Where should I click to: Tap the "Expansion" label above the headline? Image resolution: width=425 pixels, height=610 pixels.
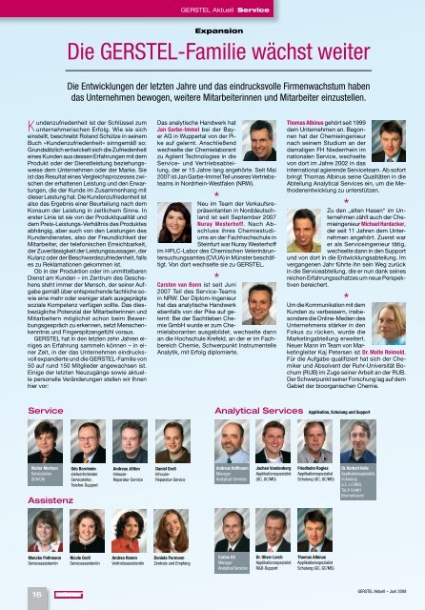pyautogui.click(x=212, y=30)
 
